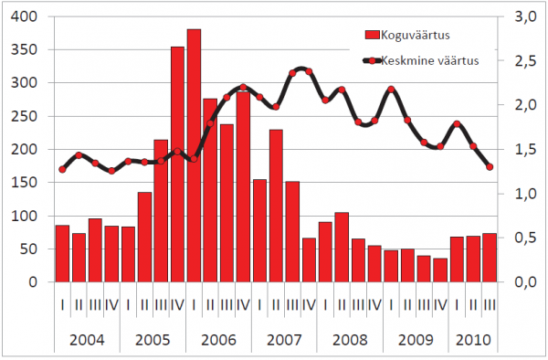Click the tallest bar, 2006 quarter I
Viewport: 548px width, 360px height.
point(194,155)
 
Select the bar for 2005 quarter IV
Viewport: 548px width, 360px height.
point(177,164)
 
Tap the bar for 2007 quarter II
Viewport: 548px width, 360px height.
point(276,206)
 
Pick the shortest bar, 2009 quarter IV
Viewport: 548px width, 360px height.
point(440,270)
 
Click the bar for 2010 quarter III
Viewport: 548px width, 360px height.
point(490,258)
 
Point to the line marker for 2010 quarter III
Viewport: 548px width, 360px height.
point(490,167)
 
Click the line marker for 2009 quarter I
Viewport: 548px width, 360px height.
point(391,90)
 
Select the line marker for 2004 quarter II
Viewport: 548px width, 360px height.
point(79,155)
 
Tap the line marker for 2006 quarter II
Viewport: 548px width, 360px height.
point(210,123)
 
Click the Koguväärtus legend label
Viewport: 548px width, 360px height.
point(416,35)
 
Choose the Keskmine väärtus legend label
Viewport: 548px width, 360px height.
point(430,60)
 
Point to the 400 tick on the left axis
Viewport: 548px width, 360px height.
point(24,16)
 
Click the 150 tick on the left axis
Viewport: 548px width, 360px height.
point(24,183)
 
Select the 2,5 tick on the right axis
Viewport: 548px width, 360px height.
point(525,61)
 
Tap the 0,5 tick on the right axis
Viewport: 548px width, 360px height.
point(525,238)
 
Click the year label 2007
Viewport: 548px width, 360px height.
point(284,340)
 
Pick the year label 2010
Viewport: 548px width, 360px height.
point(473,340)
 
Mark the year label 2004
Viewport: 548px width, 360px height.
point(87,340)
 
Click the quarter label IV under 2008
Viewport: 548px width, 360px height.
point(374,305)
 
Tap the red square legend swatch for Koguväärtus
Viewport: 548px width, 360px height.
point(373,35)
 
